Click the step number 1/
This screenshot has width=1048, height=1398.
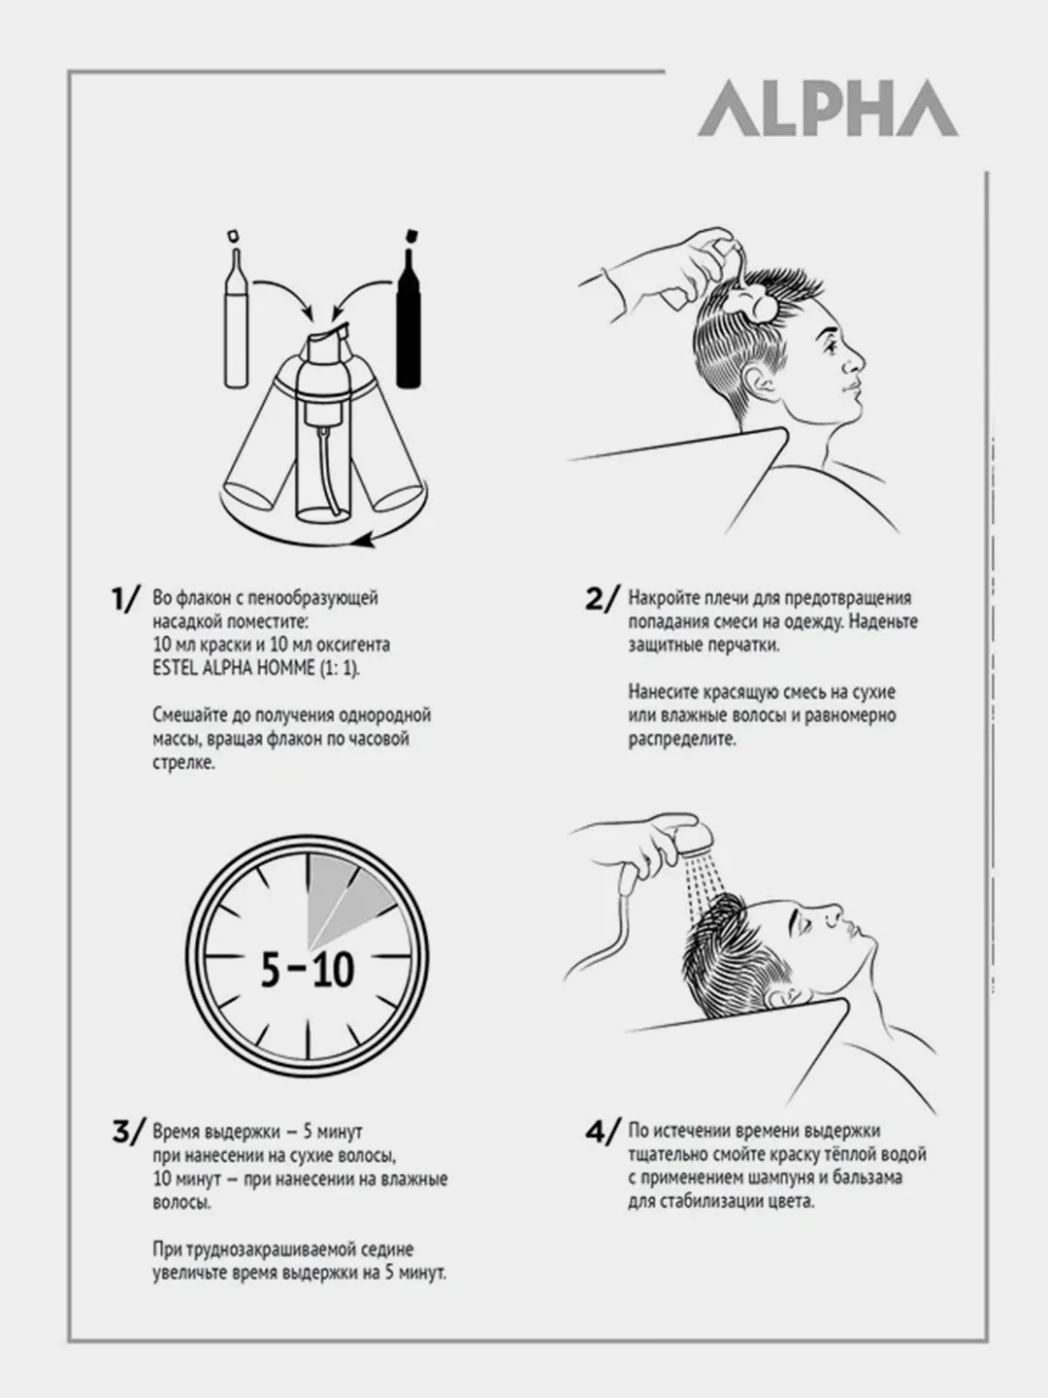[125, 599]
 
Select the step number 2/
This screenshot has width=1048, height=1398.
[602, 599]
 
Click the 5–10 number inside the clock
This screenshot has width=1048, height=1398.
[308, 971]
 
